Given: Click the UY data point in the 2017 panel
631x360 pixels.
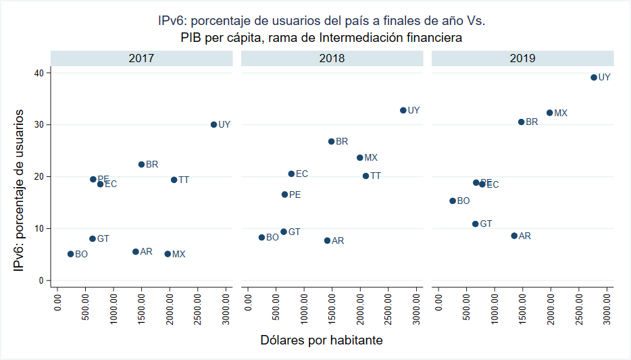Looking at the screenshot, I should point(213,124).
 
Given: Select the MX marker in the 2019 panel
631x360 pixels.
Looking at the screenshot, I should point(549,113).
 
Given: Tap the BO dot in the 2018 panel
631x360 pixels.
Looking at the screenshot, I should point(261,237).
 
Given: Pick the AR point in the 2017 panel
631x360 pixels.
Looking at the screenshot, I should point(135,251).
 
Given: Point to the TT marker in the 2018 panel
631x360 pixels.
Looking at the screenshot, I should point(365,176).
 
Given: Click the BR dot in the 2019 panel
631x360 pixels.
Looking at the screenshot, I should point(521,122).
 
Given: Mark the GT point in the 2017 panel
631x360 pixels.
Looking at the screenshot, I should point(93,238).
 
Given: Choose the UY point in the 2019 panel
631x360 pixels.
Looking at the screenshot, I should point(594,77).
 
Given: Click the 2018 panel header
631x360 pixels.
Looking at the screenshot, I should point(332,58).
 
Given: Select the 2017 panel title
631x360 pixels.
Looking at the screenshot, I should point(141,58).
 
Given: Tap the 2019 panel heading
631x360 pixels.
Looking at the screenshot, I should point(522,58).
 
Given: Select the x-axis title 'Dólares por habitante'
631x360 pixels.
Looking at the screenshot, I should point(322,340).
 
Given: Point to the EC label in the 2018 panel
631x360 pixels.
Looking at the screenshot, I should point(302,174).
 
